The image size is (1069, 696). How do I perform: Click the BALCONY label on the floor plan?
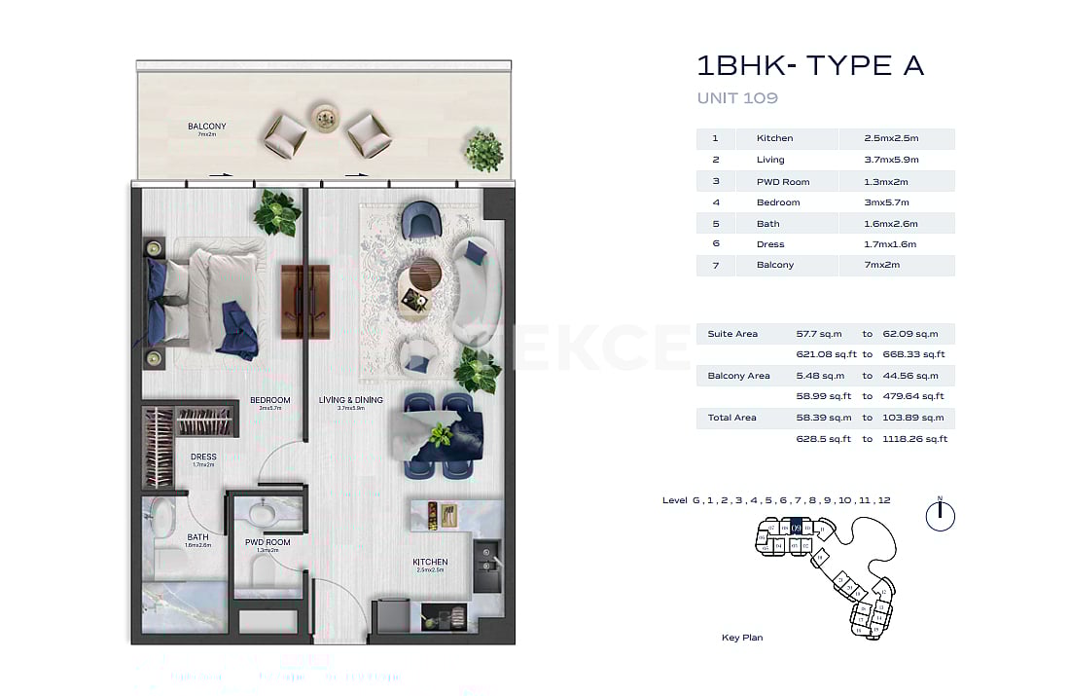click(206, 127)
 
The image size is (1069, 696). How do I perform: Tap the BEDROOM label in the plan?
click(269, 400)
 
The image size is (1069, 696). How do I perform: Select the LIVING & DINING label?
click(351, 400)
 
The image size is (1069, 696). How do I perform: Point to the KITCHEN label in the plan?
click(430, 562)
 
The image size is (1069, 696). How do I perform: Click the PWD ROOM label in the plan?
click(267, 542)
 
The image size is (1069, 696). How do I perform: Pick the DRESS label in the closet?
click(203, 457)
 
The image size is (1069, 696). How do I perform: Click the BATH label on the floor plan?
click(198, 537)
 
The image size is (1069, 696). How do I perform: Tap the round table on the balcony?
click(323, 116)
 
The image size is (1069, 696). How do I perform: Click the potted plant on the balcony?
click(483, 151)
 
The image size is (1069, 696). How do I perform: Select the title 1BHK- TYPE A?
click(809, 66)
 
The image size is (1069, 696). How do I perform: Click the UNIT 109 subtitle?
click(737, 98)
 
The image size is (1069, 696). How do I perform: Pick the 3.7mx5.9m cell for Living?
click(891, 160)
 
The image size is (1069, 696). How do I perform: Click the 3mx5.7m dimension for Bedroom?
click(886, 202)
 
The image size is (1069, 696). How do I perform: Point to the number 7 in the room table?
click(716, 265)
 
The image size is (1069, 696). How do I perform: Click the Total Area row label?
click(731, 418)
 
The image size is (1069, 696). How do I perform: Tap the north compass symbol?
click(940, 515)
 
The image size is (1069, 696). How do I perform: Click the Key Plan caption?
click(742, 638)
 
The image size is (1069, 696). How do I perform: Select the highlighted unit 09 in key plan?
click(797, 528)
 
